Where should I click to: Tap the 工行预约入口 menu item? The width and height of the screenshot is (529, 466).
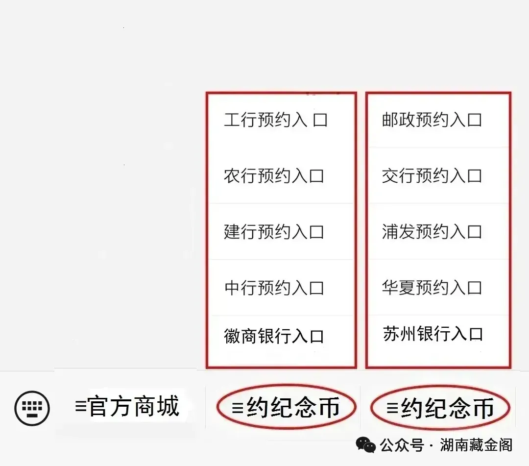(275, 120)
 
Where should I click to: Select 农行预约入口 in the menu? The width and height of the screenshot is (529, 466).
(274, 176)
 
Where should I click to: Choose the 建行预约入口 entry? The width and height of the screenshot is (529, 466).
(274, 232)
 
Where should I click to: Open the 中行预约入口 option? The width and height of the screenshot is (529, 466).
(274, 288)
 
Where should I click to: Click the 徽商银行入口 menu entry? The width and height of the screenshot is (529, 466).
(274, 337)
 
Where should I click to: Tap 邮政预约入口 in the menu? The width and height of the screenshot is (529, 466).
(432, 120)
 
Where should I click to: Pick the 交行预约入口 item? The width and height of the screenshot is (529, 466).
(432, 176)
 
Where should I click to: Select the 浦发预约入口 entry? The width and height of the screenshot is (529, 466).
(432, 232)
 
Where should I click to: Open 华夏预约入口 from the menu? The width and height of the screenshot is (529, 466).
(432, 288)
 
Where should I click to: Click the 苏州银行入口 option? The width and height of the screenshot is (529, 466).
(433, 335)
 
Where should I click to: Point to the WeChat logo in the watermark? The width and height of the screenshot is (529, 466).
(366, 445)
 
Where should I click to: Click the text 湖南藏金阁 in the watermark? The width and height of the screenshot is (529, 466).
(476, 445)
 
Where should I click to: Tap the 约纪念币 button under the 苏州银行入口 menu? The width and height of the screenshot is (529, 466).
(440, 408)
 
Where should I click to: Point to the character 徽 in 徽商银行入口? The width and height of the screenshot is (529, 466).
(232, 337)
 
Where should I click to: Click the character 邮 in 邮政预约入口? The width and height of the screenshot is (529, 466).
(390, 120)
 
